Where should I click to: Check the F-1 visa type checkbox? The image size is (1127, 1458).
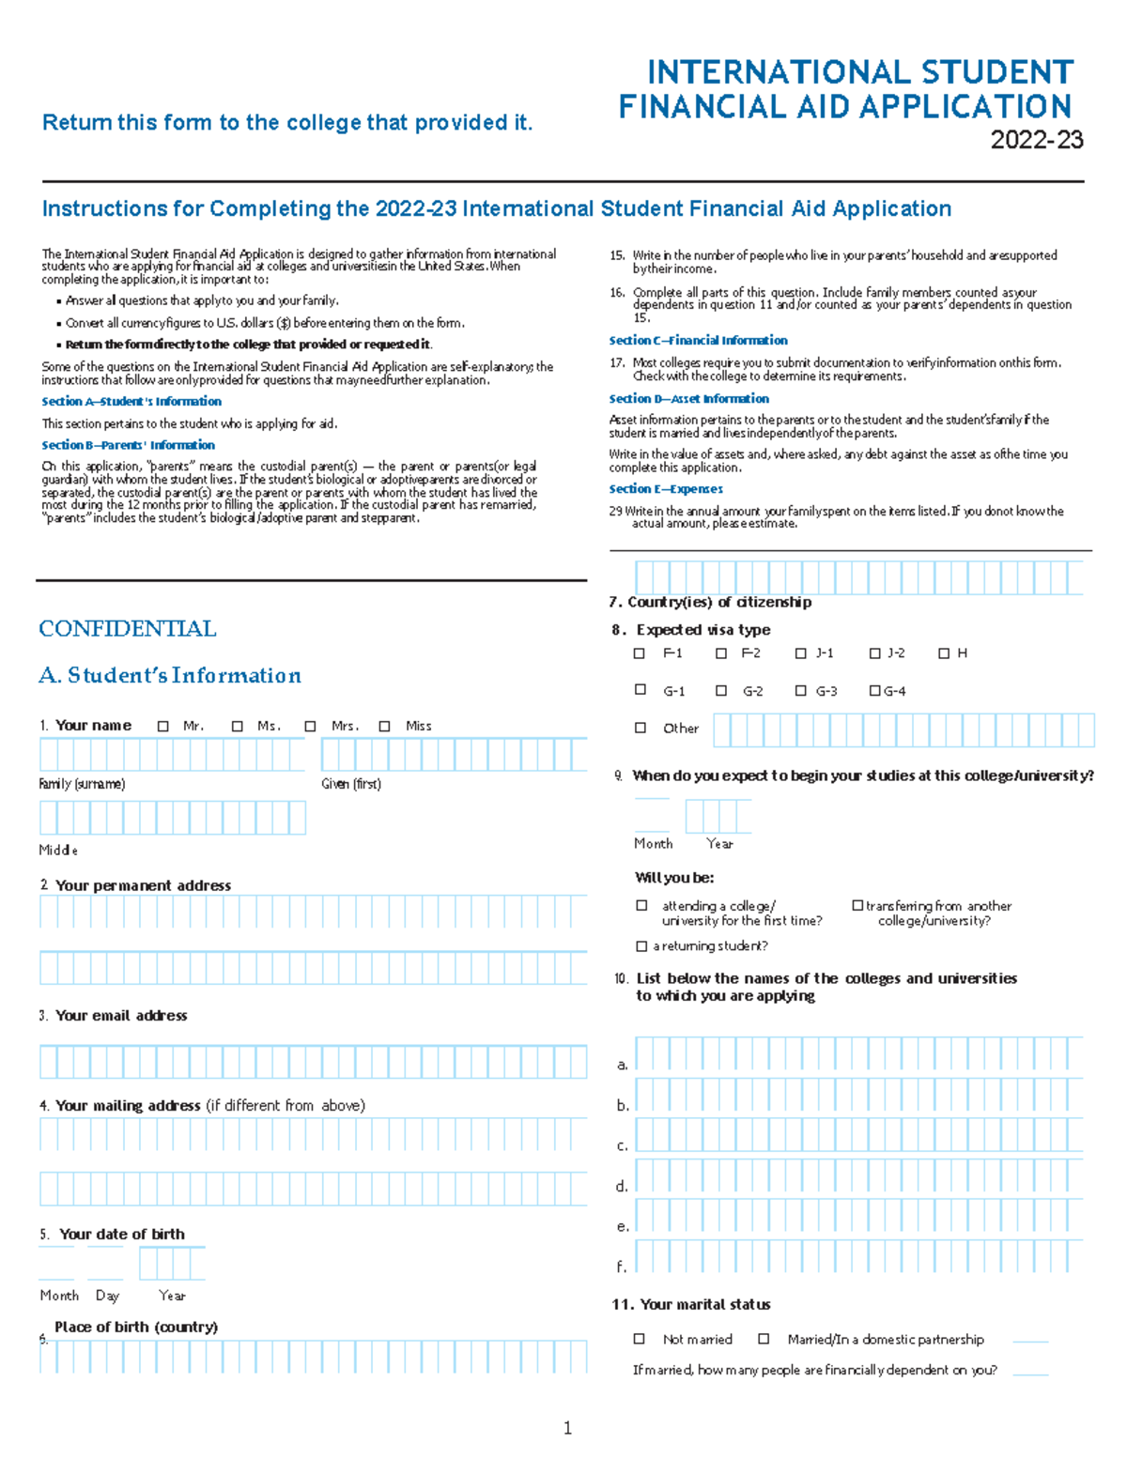640,653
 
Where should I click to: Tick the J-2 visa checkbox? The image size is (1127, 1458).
875,653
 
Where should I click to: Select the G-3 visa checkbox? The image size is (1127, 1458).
800,691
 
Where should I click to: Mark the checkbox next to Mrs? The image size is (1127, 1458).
311,727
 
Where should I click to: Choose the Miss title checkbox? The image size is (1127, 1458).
385,727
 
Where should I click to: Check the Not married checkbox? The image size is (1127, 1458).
640,1340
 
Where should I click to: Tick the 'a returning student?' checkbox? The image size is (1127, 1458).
641,946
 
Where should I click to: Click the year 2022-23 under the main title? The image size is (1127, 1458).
1036,141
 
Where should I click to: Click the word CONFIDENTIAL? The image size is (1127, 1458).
128,629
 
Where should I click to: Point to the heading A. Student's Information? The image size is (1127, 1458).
170,676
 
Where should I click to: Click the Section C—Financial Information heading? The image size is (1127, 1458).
698,341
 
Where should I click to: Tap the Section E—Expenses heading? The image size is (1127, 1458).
666,489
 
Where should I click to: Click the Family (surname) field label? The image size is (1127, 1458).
82,784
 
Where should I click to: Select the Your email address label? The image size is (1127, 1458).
121,1016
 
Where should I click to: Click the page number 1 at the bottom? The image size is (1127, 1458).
567,1428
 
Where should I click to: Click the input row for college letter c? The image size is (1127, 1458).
858,1135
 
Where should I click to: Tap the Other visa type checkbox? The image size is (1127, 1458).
641,728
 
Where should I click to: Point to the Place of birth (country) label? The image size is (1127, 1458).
136,1328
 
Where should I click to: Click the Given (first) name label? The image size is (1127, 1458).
351,784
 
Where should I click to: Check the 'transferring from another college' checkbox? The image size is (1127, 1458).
857,906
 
